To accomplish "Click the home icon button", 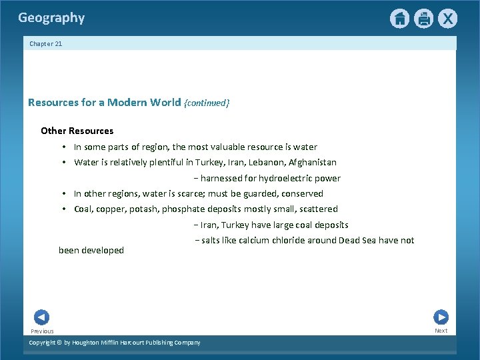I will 399,19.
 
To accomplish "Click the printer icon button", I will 423,19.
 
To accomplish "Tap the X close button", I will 447,19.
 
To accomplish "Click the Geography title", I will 51,18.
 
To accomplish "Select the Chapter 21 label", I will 45,44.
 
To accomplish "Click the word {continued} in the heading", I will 207,103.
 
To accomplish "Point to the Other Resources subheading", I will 77,131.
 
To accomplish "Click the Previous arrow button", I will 41,317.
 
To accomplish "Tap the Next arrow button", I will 441,317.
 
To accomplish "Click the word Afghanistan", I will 313,162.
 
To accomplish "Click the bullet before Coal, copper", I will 63,209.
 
